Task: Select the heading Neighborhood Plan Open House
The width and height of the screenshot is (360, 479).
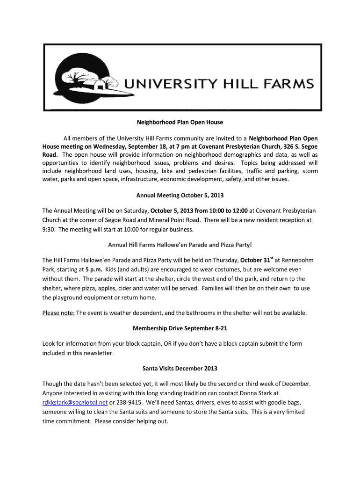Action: [180, 123]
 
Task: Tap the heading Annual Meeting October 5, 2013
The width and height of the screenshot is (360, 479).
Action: [180, 195]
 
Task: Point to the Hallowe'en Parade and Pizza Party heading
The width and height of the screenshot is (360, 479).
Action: [180, 245]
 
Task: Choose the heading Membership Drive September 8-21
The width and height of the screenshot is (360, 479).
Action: [180, 328]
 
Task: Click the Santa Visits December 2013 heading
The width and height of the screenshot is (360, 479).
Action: [180, 369]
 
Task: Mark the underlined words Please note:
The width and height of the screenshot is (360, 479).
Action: [58, 313]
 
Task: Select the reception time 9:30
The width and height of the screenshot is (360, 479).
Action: [49, 230]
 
